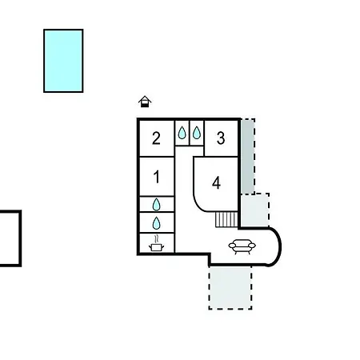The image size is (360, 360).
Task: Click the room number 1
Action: click(x=157, y=177)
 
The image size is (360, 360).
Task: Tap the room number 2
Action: click(x=156, y=138)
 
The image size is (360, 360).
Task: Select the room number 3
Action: click(x=221, y=138)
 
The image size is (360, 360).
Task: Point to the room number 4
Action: click(x=216, y=183)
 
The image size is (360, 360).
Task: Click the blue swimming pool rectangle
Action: click(x=63, y=61)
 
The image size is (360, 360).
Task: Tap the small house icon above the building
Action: click(x=145, y=102)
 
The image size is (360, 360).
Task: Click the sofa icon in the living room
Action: click(x=242, y=246)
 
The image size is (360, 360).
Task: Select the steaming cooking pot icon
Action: click(x=156, y=243)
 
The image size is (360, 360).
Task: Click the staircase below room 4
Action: click(x=226, y=219)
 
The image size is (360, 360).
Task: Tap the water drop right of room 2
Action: click(x=182, y=133)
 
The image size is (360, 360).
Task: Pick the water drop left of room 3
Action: click(x=197, y=133)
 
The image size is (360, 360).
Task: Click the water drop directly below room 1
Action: click(x=157, y=205)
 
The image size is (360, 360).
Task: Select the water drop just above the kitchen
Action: click(x=157, y=223)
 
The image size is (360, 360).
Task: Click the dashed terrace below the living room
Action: click(x=230, y=287)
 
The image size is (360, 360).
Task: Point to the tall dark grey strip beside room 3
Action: click(x=248, y=156)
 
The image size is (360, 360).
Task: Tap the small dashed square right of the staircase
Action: click(x=254, y=210)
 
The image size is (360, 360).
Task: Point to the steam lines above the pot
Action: click(x=157, y=238)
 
